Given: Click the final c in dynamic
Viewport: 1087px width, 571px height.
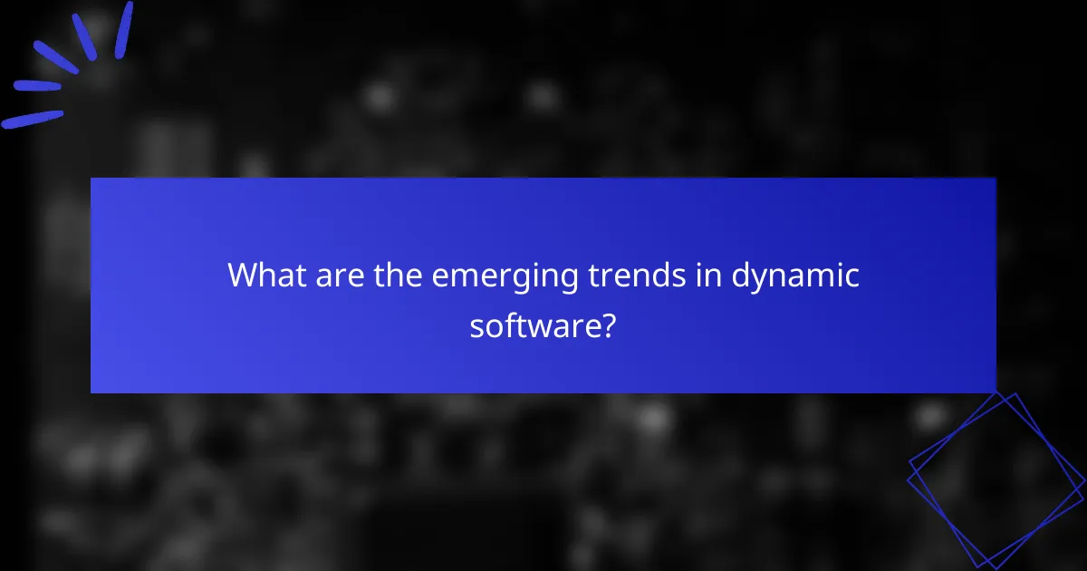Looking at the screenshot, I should [x=851, y=276].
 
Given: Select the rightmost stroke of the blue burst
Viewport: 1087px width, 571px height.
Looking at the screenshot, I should [x=123, y=29].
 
